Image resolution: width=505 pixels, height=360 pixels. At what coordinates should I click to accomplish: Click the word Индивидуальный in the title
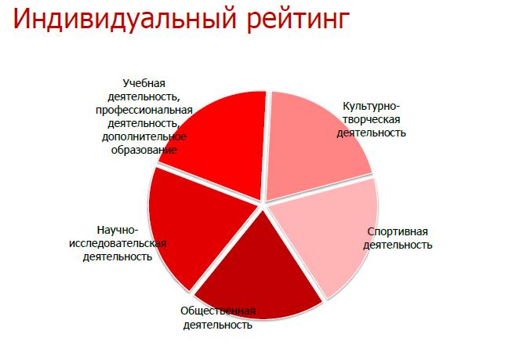[125, 19]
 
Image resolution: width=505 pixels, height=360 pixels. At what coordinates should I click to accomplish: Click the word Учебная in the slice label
[144, 83]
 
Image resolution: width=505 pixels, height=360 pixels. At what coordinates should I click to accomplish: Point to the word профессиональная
[144, 110]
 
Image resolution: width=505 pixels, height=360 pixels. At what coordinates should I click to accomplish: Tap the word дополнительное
[144, 136]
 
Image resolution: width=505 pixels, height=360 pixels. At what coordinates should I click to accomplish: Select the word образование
[144, 150]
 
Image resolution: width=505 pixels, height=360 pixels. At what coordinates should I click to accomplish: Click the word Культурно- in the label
[371, 106]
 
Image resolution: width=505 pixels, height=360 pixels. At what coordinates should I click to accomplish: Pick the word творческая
[372, 119]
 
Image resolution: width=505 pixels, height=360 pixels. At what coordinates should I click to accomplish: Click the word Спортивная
[398, 231]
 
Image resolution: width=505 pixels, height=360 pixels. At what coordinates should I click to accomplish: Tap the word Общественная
[218, 311]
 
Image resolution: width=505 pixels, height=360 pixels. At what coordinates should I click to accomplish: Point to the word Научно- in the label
[118, 231]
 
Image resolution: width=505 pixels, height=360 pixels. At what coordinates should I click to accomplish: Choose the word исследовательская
[118, 243]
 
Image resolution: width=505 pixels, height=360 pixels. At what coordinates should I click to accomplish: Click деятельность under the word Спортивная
[398, 245]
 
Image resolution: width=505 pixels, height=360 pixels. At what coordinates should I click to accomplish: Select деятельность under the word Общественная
[218, 325]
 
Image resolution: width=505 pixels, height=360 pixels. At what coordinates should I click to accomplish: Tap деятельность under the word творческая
[372, 133]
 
